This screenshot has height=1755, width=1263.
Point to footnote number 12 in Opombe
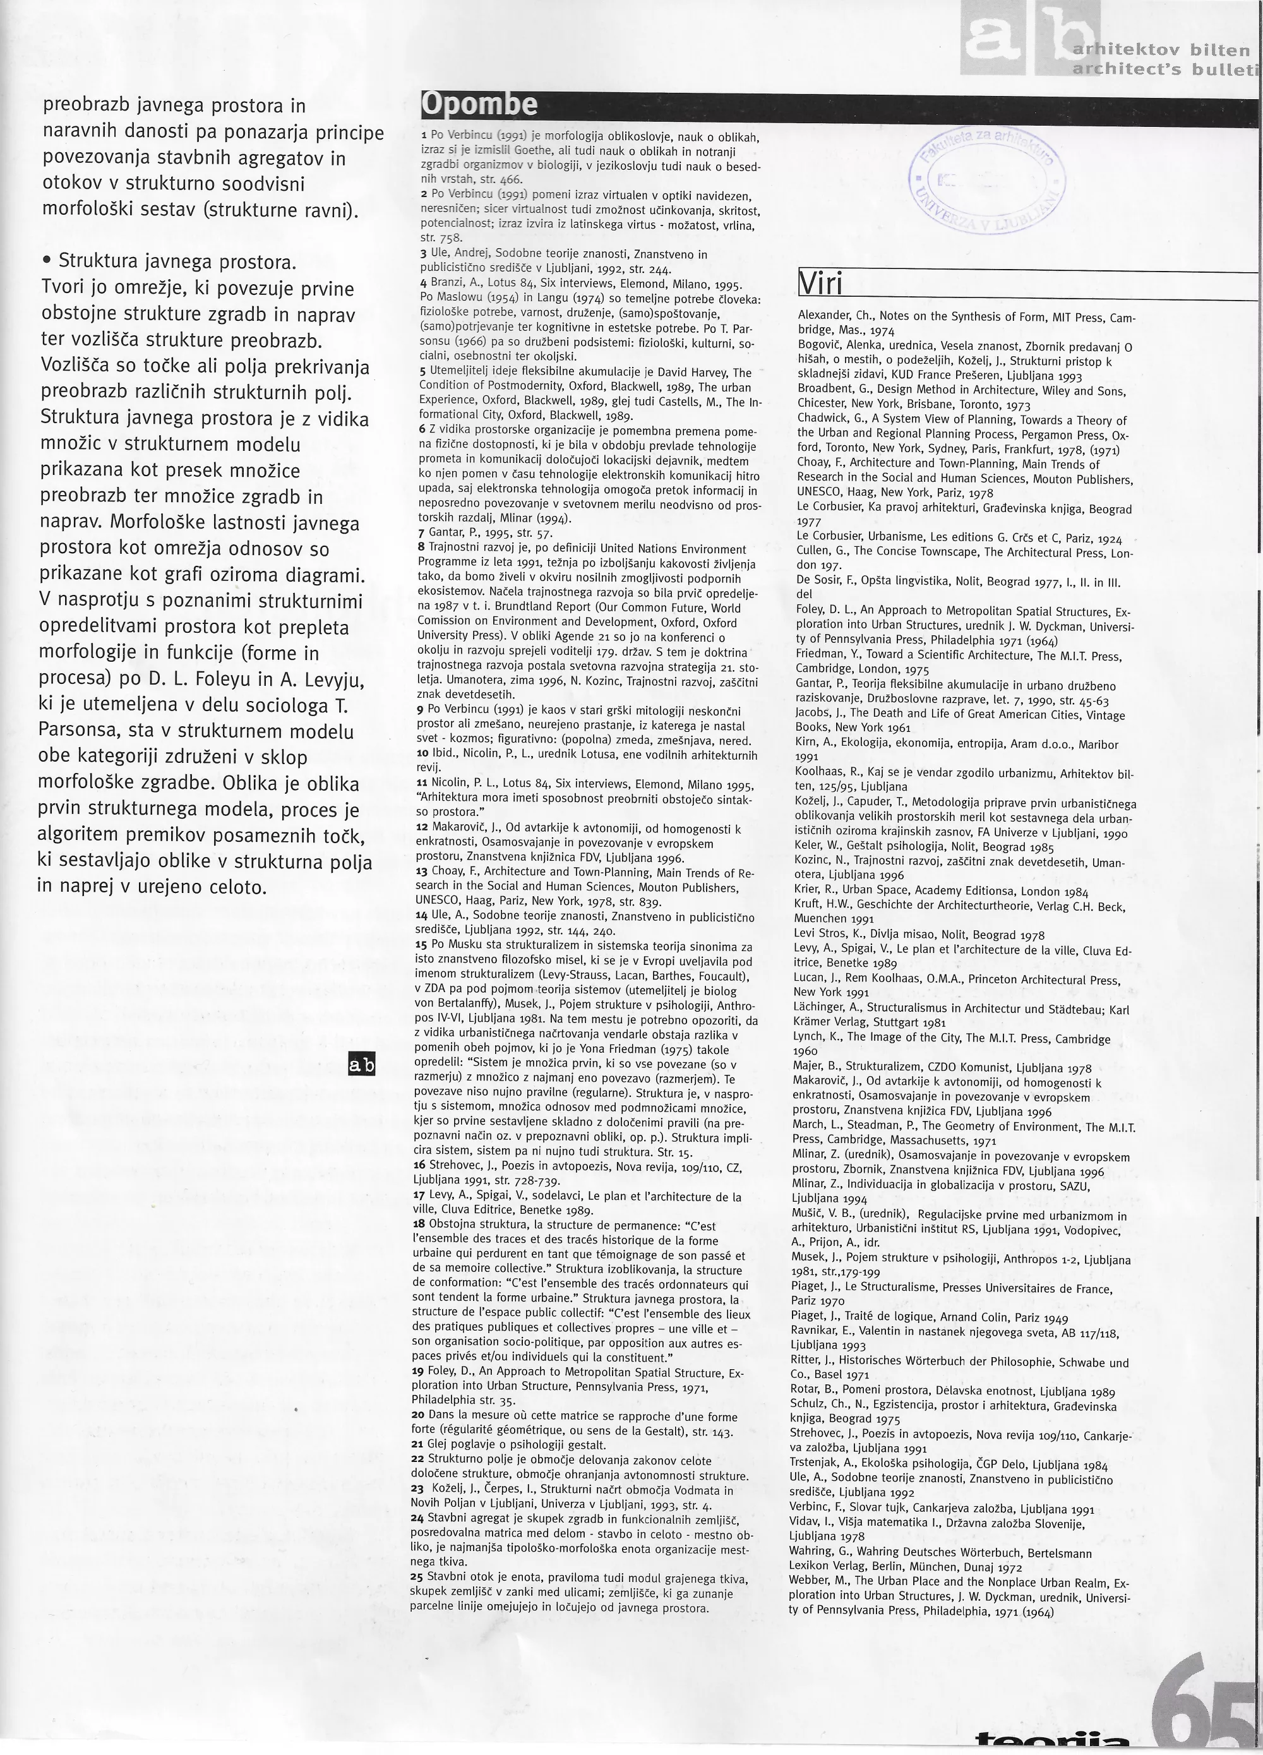422,829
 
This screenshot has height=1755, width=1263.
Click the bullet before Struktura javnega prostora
47,261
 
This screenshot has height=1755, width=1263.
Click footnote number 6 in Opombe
422,429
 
